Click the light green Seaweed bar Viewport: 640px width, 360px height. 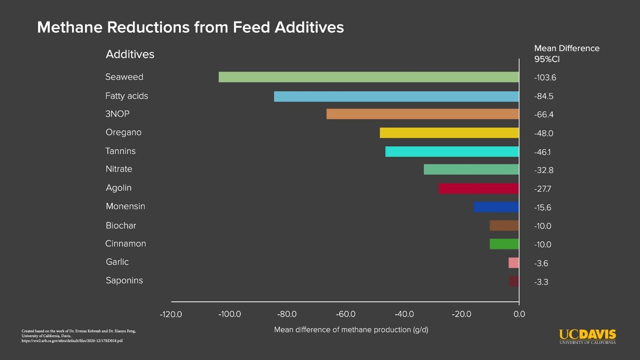point(368,77)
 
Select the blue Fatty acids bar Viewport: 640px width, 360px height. point(396,96)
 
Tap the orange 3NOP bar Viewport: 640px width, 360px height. point(422,114)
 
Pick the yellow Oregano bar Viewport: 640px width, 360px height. point(449,133)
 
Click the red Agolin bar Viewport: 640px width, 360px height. point(478,189)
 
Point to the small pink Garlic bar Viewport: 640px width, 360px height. point(513,263)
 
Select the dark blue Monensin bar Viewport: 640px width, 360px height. point(496,207)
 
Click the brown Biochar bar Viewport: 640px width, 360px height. point(504,226)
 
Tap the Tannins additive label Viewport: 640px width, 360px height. point(120,151)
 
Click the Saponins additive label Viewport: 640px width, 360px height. point(124,281)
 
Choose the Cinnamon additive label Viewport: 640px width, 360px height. point(126,244)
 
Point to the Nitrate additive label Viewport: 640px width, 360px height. point(119,169)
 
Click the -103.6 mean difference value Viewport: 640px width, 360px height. point(545,77)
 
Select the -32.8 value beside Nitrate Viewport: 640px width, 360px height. point(544,171)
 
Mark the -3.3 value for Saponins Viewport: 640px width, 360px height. point(542,282)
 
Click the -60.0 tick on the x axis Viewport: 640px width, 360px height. point(346,314)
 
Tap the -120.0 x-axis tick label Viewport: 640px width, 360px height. point(171,314)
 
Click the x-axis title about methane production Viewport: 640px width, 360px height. point(351,330)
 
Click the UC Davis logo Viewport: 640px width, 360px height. point(587,336)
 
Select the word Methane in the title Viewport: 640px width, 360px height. point(69,27)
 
